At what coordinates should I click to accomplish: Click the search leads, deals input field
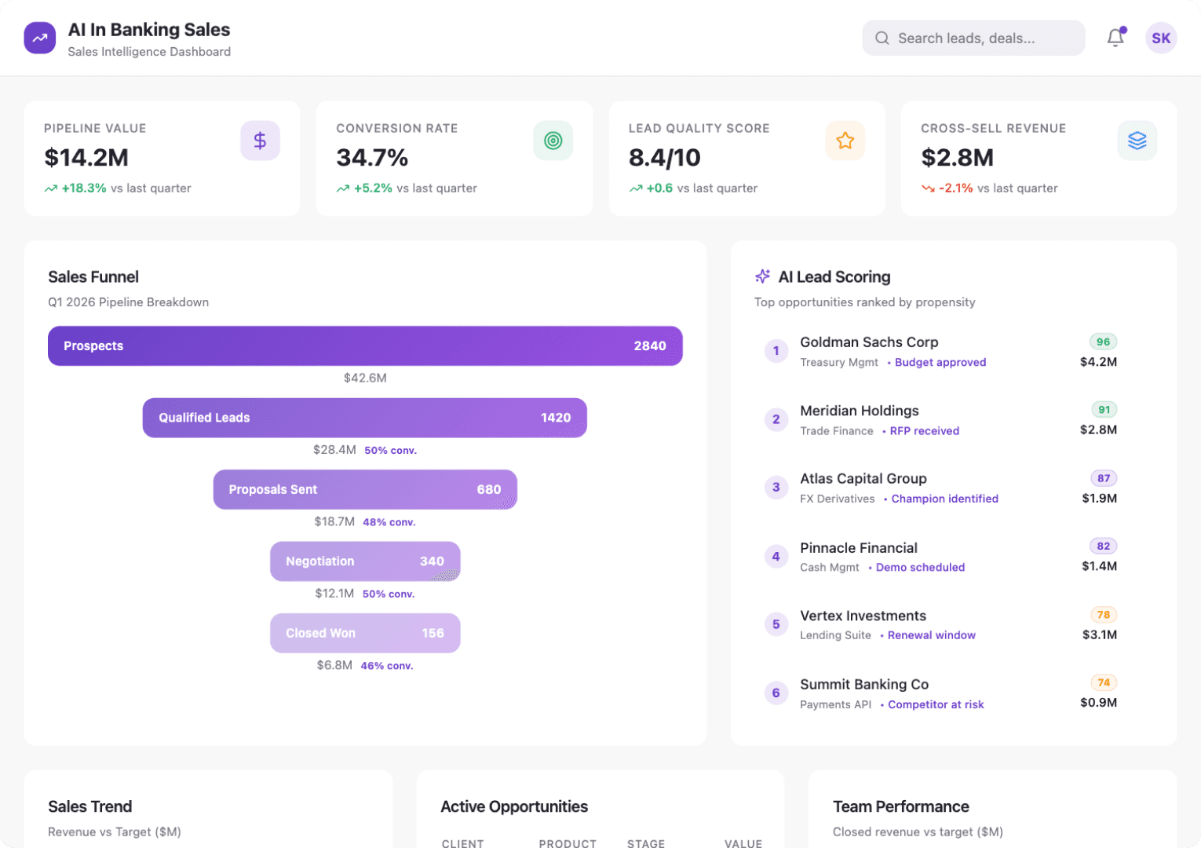pos(973,38)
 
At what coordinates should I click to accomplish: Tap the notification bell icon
pos(1115,38)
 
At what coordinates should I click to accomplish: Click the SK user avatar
pos(1161,38)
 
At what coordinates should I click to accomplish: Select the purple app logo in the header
pos(40,38)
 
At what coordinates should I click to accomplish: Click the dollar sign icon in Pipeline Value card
pos(260,141)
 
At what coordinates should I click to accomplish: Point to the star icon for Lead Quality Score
pos(845,141)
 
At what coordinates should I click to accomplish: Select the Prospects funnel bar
pos(365,346)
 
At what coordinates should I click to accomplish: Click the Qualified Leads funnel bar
pos(365,418)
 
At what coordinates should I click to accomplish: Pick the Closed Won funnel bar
pos(365,633)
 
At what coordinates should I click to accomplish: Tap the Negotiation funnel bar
pos(365,561)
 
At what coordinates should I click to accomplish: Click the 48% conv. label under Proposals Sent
pos(389,522)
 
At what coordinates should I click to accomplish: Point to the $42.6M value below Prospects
pos(365,378)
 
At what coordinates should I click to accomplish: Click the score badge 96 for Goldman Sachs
pos(1103,342)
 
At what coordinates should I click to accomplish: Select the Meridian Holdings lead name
pos(859,411)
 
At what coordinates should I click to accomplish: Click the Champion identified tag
pos(944,499)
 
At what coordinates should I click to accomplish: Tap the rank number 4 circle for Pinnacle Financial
pos(776,557)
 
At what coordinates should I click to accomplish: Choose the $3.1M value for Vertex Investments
pos(1099,634)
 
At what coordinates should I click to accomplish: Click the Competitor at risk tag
pos(936,704)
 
